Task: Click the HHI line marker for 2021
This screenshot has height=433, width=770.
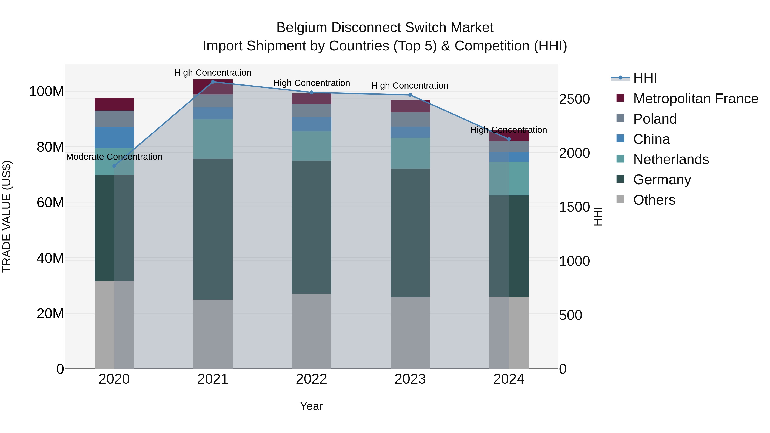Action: click(x=213, y=82)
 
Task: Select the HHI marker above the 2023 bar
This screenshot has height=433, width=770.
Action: click(x=410, y=95)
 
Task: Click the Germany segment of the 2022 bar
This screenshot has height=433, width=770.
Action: click(x=311, y=227)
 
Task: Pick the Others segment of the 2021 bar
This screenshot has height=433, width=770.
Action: click(x=213, y=334)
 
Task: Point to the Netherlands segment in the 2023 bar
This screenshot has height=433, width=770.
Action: click(x=410, y=153)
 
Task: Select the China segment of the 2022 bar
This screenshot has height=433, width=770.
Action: click(x=311, y=124)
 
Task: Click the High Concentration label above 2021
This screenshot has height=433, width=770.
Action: click(x=213, y=73)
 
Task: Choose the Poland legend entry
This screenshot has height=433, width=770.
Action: click(x=655, y=119)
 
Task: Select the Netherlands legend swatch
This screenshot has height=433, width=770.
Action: click(x=620, y=159)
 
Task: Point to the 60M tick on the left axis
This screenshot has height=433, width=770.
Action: click(x=50, y=203)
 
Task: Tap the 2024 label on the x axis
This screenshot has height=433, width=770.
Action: click(x=509, y=379)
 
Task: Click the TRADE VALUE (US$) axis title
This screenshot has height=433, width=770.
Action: click(x=7, y=216)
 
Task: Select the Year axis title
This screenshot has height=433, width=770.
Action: click(x=311, y=406)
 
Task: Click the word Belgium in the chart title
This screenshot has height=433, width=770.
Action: click(x=302, y=28)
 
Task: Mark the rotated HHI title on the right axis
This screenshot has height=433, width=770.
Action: click(x=598, y=216)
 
